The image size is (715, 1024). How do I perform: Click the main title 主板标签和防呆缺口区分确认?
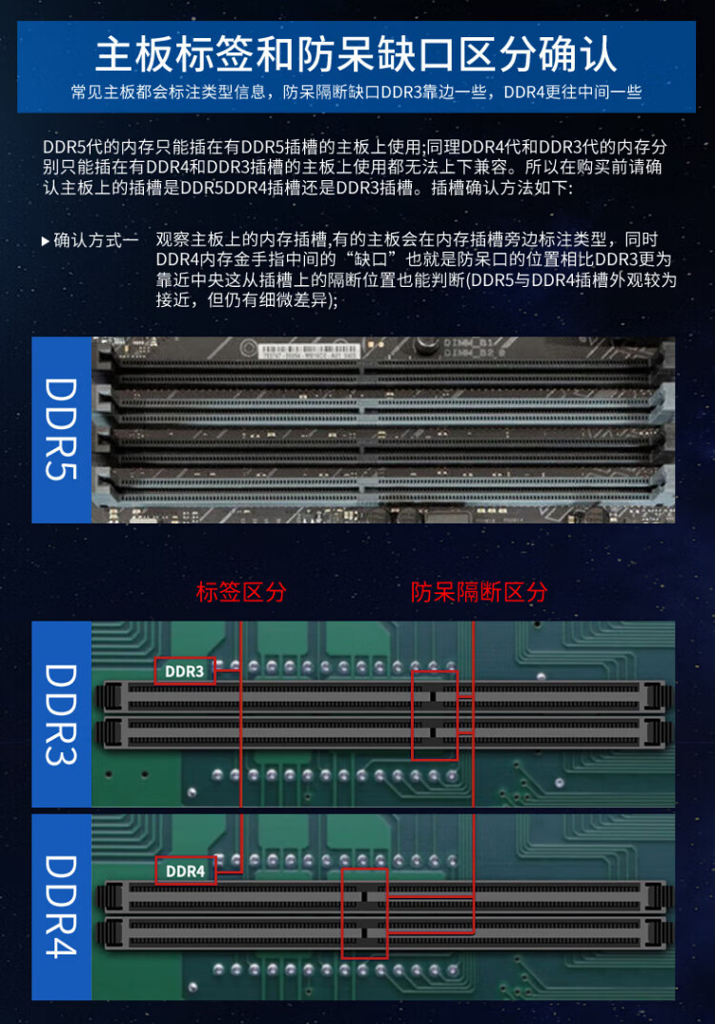pyautogui.click(x=356, y=54)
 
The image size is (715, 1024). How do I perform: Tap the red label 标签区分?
pyautogui.click(x=241, y=592)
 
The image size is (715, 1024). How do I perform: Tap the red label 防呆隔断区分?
pyautogui.click(x=479, y=592)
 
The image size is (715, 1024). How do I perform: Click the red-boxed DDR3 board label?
pyautogui.click(x=185, y=670)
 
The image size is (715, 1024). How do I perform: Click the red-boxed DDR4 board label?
pyautogui.click(x=186, y=870)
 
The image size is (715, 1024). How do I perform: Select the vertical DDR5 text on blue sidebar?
pyautogui.click(x=61, y=429)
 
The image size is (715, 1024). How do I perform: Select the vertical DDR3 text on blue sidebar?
pyautogui.click(x=61, y=714)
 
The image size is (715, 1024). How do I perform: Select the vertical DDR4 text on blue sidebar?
pyautogui.click(x=61, y=907)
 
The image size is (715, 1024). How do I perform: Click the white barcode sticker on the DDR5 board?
pyautogui.click(x=309, y=352)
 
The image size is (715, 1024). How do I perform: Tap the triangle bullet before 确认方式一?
pyautogui.click(x=45, y=241)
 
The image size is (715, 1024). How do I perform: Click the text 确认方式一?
pyautogui.click(x=96, y=240)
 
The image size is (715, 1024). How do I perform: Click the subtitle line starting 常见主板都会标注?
pyautogui.click(x=357, y=92)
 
